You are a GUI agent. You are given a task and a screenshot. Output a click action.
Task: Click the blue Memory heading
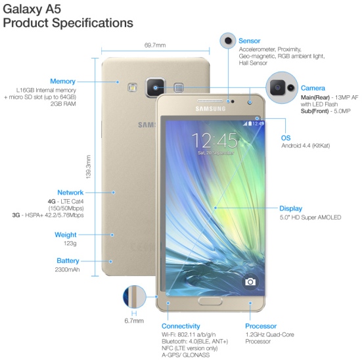(63, 81)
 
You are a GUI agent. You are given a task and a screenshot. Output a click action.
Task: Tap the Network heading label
(70, 192)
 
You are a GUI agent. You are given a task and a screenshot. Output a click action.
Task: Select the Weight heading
(66, 235)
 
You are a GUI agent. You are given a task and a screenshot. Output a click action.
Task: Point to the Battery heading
(68, 261)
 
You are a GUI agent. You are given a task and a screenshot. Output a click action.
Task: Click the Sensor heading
(250, 41)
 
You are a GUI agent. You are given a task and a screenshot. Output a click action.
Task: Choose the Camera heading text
(313, 88)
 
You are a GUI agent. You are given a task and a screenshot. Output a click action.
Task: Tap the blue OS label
(286, 138)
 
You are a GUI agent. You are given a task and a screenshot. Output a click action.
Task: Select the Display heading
(290, 208)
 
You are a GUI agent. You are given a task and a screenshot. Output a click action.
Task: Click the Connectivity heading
(181, 326)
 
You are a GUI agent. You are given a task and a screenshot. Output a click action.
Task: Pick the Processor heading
(261, 326)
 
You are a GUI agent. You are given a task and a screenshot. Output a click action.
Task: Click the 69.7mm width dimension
(155, 45)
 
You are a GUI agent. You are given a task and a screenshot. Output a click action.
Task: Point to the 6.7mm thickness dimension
(134, 321)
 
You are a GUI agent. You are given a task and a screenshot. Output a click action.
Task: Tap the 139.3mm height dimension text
(88, 167)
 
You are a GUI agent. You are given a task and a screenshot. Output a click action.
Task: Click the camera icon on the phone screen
(250, 282)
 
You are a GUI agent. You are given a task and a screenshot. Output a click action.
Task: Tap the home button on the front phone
(210, 301)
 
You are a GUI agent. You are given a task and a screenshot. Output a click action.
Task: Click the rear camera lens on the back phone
(155, 88)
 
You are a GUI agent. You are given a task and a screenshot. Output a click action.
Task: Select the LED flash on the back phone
(133, 88)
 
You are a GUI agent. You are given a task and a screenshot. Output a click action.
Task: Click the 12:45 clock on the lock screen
(214, 141)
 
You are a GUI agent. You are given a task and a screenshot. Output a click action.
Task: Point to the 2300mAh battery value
(67, 269)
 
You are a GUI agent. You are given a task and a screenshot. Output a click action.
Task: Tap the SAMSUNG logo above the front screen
(210, 109)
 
